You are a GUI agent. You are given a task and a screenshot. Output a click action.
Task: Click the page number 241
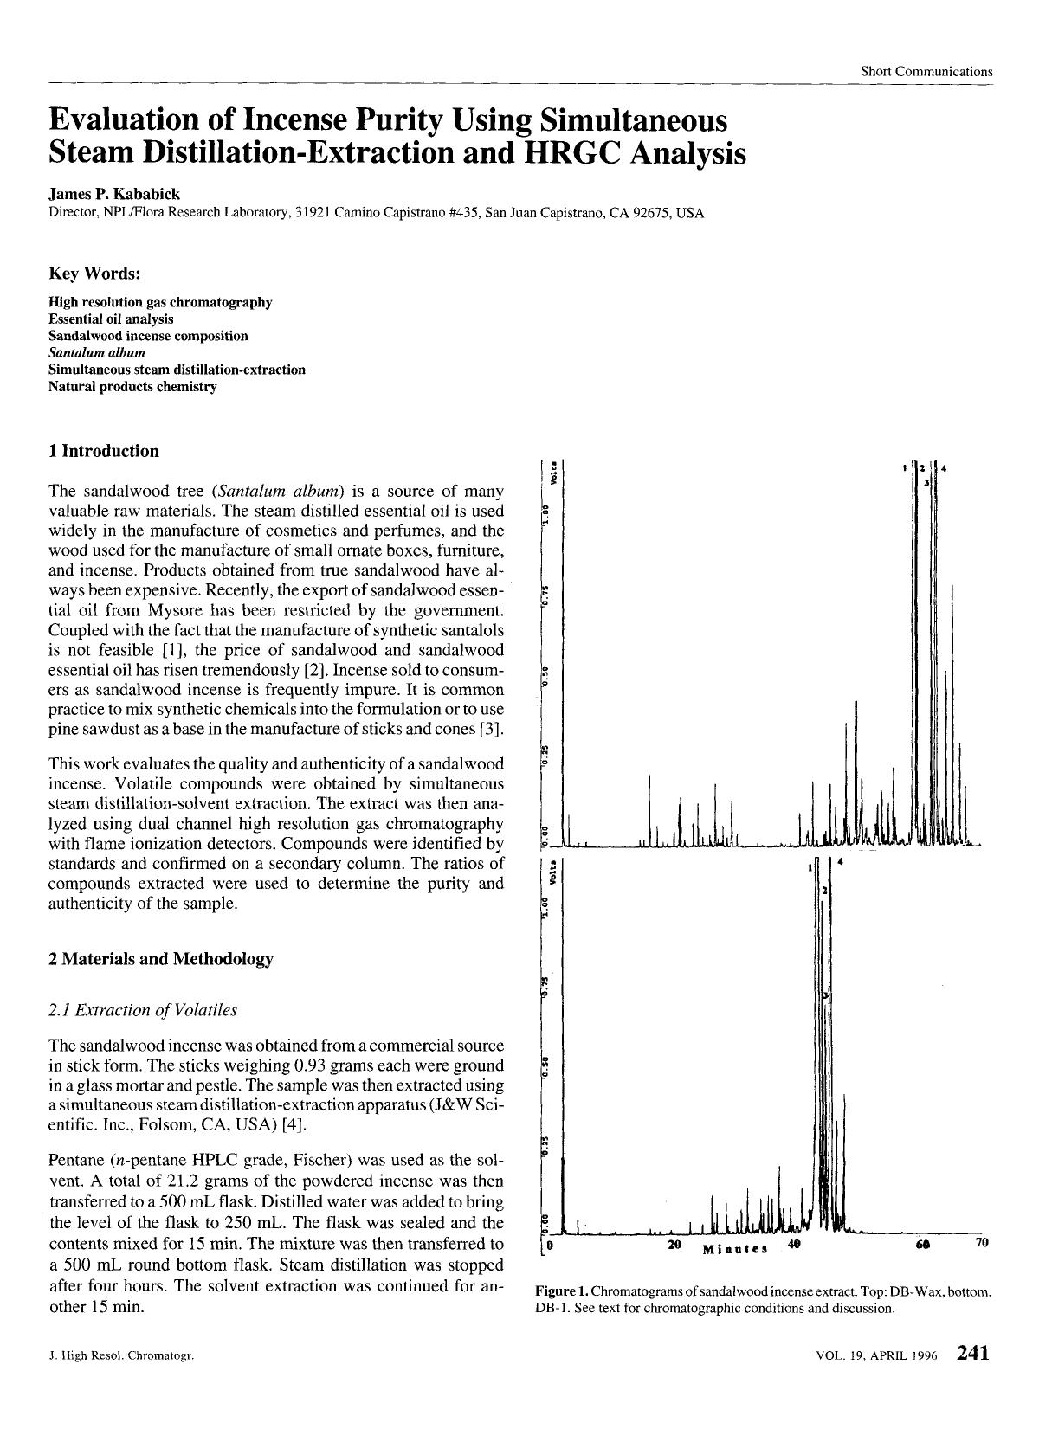(x=972, y=1353)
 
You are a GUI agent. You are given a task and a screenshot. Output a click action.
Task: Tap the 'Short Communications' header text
(x=926, y=71)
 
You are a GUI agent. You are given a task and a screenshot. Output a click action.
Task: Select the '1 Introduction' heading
(x=104, y=451)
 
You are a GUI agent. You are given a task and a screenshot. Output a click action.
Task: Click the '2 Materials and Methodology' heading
(x=161, y=959)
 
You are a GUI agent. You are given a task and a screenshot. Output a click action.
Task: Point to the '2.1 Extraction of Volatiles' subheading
(x=143, y=1010)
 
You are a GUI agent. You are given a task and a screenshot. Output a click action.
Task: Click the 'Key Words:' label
(x=94, y=274)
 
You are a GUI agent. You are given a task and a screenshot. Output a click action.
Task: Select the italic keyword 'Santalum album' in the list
(x=97, y=352)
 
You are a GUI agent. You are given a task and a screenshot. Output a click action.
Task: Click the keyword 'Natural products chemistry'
(x=132, y=386)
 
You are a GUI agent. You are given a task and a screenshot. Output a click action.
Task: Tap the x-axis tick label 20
(x=675, y=1245)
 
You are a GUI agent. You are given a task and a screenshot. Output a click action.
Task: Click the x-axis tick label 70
(x=981, y=1243)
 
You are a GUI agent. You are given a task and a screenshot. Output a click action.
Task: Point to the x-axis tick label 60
(x=921, y=1245)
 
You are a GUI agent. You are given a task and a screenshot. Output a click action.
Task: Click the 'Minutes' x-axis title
(x=736, y=1249)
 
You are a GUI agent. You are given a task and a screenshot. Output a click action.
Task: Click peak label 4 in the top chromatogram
(x=944, y=468)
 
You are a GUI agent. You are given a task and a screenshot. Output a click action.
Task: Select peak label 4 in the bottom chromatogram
(x=841, y=863)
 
